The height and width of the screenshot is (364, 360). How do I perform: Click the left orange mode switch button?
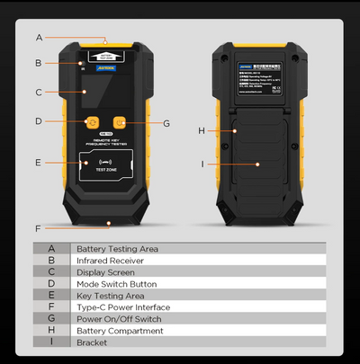coord(92,121)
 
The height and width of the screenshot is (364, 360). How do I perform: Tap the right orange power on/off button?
coord(119,121)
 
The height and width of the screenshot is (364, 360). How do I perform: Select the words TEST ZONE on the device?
coord(105,169)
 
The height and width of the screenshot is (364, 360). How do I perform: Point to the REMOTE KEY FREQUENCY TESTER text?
coord(105,142)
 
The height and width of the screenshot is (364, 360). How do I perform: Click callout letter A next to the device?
coord(39,38)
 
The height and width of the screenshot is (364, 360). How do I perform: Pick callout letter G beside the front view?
coord(166,122)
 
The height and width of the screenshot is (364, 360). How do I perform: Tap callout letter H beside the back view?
coord(202,131)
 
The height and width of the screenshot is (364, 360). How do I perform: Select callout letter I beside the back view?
coord(202,164)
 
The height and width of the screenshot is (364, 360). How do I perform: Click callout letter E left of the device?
coord(38,163)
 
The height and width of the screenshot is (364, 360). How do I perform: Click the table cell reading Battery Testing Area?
coord(117,248)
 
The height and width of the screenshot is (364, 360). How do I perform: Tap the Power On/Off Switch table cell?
coord(119,318)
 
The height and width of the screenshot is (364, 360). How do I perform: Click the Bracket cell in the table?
coord(91,342)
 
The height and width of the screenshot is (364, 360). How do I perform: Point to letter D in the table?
coord(51,283)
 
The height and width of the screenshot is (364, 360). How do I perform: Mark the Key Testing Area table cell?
coord(110,295)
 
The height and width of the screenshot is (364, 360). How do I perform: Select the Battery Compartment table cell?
coord(119,330)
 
